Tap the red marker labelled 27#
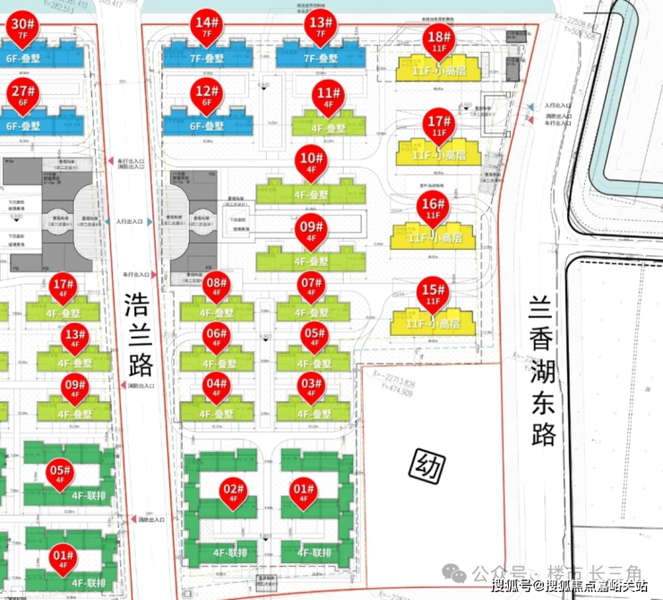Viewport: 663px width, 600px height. (22, 96)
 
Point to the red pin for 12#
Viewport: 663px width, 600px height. (207, 96)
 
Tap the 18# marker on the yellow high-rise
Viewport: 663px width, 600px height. (438, 41)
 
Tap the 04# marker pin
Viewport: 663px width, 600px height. (216, 390)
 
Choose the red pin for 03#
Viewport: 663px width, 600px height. (312, 390)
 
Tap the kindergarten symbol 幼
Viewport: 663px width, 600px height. (426, 465)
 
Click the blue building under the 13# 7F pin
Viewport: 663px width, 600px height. (317, 58)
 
